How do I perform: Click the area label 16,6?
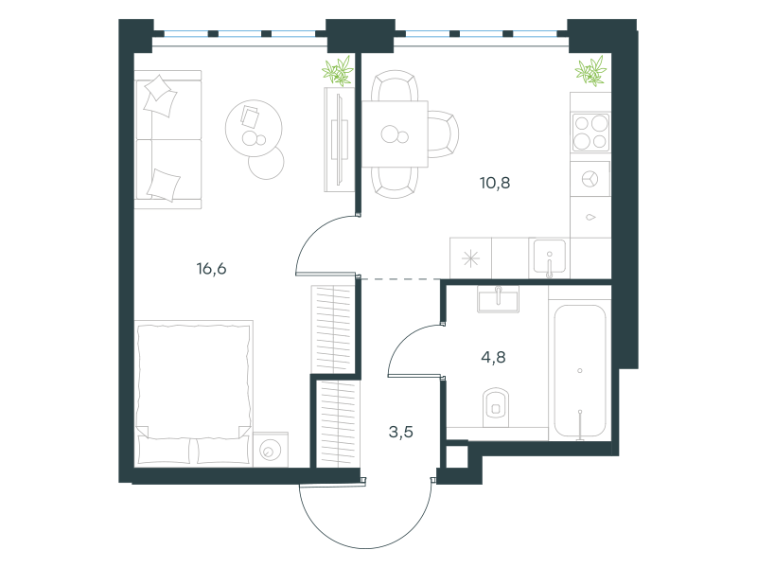[211, 269]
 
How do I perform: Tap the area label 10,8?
[495, 183]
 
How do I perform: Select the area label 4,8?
[493, 357]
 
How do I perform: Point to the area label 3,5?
[400, 432]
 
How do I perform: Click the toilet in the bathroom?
[496, 407]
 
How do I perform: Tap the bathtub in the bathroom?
[580, 370]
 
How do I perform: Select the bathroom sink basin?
[498, 299]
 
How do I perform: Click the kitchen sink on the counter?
[550, 257]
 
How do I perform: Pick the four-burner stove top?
[590, 133]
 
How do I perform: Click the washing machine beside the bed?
[271, 451]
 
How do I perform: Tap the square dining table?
[395, 133]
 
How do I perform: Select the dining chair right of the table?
[443, 133]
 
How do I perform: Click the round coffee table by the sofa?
[254, 128]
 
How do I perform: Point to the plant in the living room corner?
[338, 72]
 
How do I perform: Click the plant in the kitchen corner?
[590, 71]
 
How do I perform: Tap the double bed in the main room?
[194, 393]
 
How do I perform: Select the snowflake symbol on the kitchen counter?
[470, 258]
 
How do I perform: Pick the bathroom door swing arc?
[405, 341]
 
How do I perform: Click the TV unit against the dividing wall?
[340, 139]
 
